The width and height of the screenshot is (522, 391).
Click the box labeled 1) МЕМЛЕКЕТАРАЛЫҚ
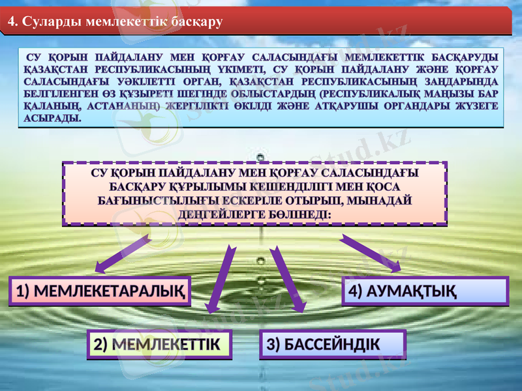[x=99, y=291]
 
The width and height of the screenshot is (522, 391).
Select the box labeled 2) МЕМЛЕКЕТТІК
[x=160, y=344]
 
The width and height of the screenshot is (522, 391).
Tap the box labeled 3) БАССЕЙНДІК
[x=333, y=344]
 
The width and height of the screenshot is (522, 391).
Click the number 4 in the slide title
[x=10, y=22]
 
